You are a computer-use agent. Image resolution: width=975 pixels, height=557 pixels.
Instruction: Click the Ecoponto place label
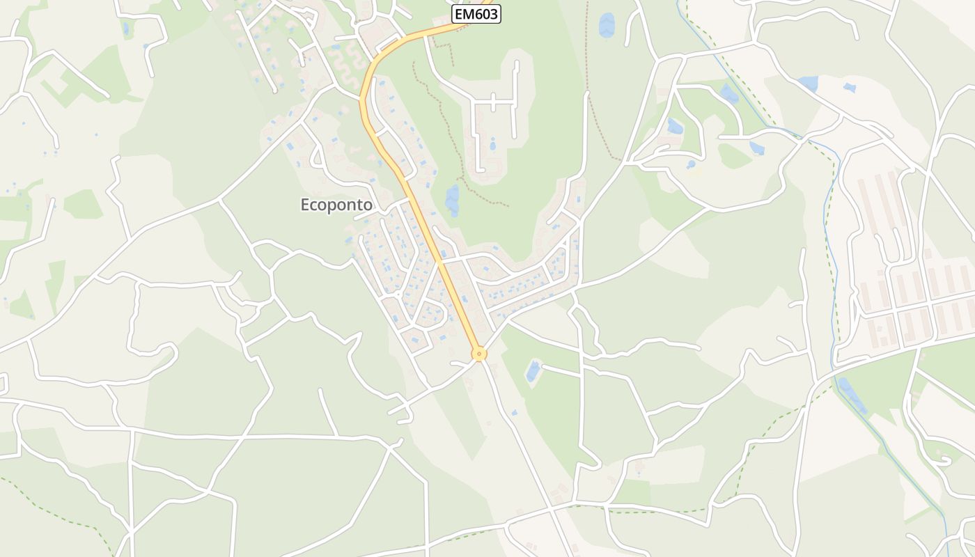click(x=336, y=205)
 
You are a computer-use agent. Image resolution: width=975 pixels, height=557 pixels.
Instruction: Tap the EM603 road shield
click(x=476, y=14)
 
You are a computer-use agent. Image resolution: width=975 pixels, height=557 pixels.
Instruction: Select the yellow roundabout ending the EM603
click(x=478, y=354)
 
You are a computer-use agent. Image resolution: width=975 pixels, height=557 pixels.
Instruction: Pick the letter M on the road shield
click(x=469, y=14)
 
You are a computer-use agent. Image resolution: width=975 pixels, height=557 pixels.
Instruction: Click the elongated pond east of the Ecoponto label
click(x=453, y=201)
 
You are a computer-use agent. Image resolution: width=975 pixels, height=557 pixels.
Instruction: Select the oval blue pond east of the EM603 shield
click(x=607, y=25)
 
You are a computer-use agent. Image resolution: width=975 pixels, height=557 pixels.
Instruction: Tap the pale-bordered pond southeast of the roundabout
click(x=533, y=370)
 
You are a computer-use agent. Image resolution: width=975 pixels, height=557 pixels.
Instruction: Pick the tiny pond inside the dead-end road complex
click(x=492, y=145)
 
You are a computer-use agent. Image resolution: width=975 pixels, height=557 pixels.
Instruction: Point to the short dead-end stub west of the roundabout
click(x=460, y=363)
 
